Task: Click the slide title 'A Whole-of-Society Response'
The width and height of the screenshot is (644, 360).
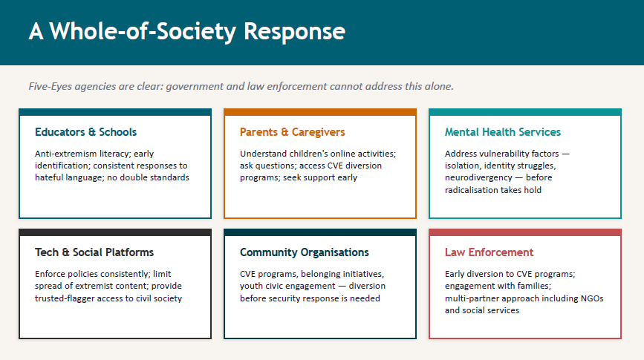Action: click(187, 32)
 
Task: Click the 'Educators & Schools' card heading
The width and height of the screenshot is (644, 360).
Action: click(86, 132)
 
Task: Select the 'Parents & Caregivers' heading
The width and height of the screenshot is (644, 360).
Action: click(293, 132)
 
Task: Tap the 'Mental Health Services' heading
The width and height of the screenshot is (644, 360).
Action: click(503, 132)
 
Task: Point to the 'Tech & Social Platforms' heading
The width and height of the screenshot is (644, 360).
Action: click(94, 252)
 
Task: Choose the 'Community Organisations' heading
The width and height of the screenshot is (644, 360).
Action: click(305, 252)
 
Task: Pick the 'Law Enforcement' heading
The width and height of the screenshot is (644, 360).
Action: click(489, 252)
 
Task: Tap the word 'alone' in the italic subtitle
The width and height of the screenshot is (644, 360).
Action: click(440, 86)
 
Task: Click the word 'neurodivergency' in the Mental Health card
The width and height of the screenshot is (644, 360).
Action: click(478, 177)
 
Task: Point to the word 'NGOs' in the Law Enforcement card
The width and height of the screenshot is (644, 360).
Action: click(592, 298)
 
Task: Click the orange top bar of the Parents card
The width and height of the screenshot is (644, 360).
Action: click(320, 112)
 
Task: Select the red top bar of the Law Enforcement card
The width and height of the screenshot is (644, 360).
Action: click(525, 232)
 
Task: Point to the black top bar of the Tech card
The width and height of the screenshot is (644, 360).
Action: click(115, 232)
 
